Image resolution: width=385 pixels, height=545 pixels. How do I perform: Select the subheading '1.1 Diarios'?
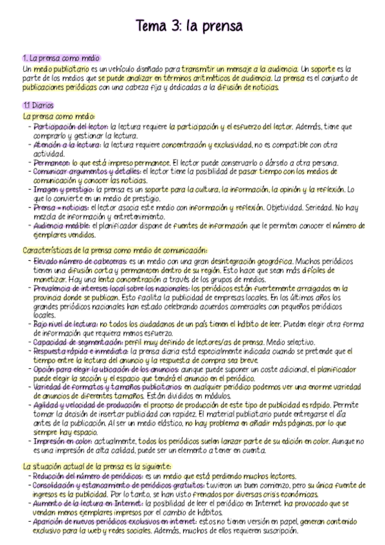tap(38, 105)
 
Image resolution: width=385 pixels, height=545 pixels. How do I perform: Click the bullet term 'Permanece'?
tap(51, 163)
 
